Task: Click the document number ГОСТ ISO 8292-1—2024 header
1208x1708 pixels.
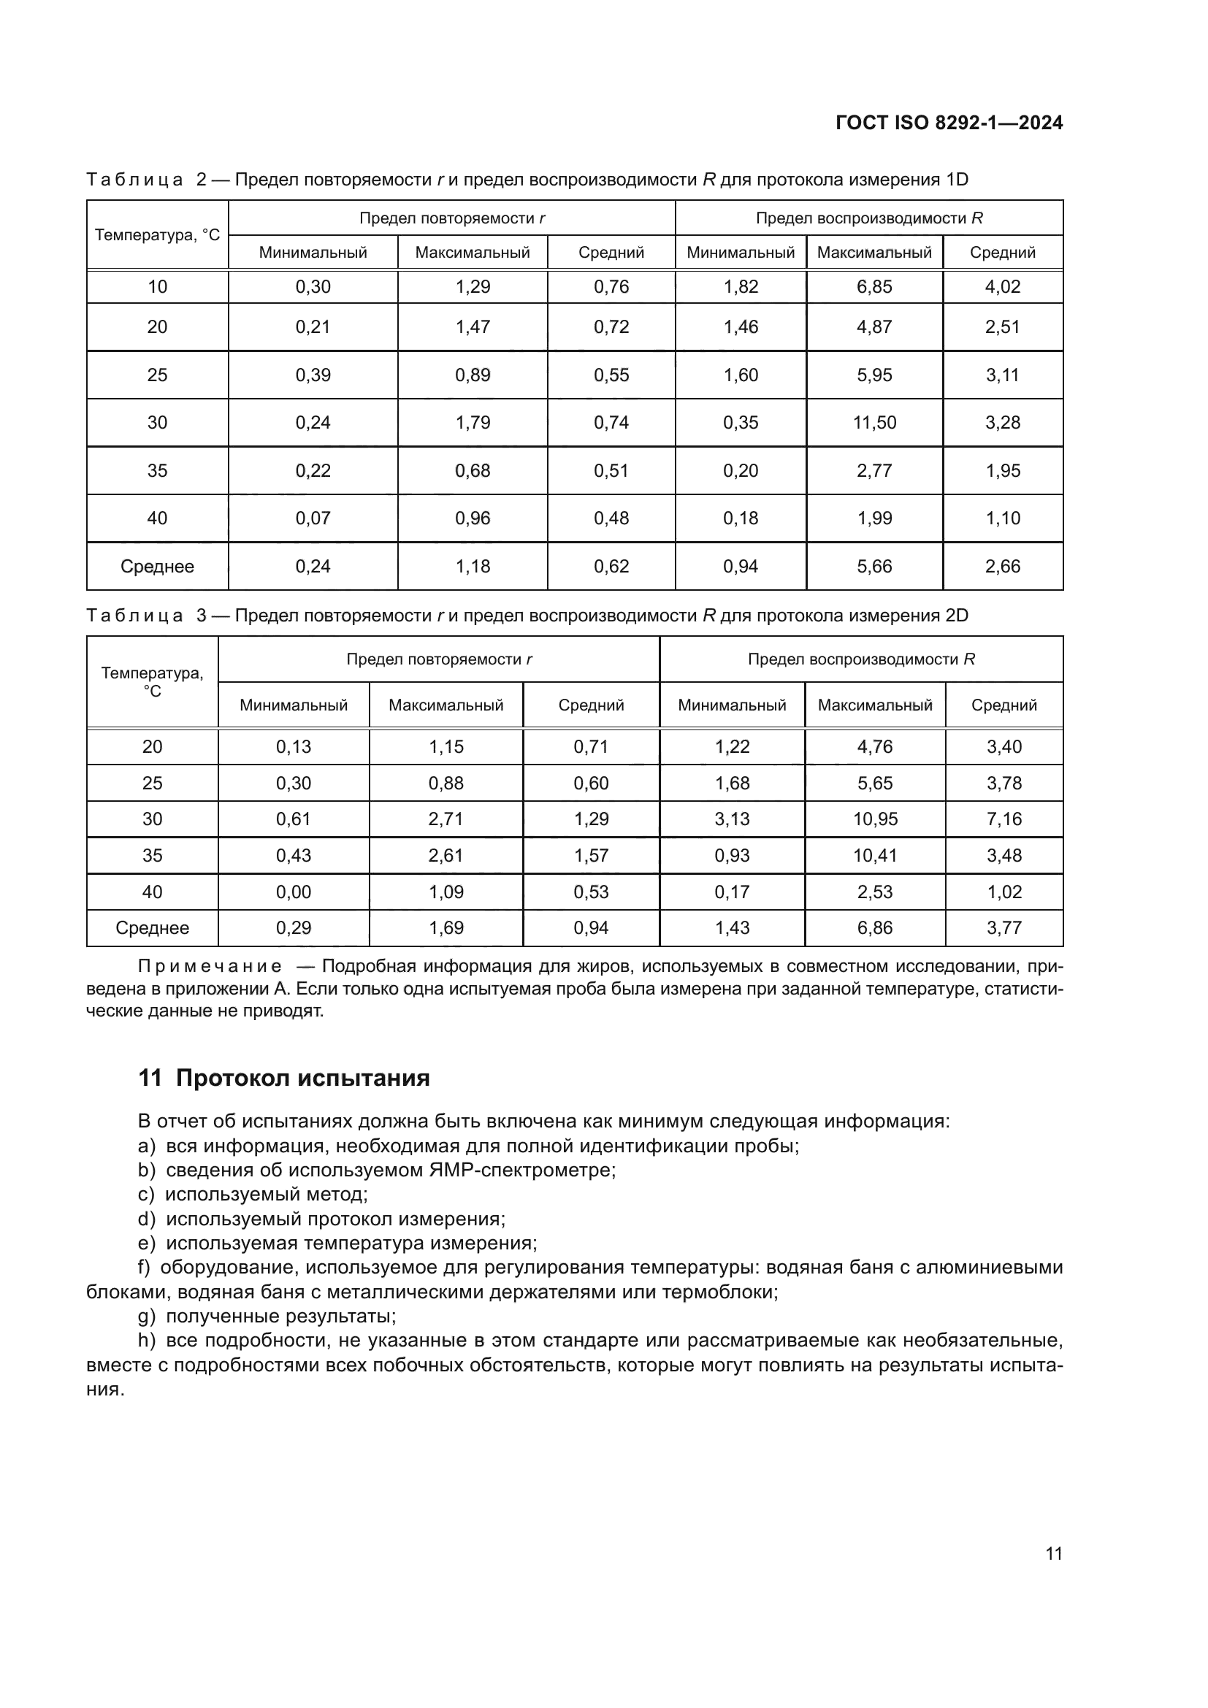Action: click(x=949, y=123)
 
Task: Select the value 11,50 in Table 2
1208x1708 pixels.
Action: click(x=874, y=423)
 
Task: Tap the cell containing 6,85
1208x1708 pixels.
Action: click(x=874, y=286)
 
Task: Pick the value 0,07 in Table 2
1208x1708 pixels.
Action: click(x=313, y=518)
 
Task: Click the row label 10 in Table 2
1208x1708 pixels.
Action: click(x=157, y=286)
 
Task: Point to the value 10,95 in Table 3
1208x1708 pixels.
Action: click(x=875, y=819)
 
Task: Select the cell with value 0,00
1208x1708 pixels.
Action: click(x=293, y=892)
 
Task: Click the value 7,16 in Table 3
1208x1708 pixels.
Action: click(x=1004, y=819)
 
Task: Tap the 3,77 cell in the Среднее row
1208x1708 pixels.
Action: click(x=1004, y=927)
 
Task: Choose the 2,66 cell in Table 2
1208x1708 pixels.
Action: click(x=1003, y=566)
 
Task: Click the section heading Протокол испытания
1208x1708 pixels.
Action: click(x=302, y=1078)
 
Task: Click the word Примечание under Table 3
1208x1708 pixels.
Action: click(x=210, y=966)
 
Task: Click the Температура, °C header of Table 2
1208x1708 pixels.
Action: click(x=157, y=235)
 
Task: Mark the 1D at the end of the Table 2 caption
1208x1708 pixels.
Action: click(x=957, y=180)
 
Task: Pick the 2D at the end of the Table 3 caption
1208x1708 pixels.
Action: click(x=957, y=615)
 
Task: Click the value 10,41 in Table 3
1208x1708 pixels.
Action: click(x=875, y=856)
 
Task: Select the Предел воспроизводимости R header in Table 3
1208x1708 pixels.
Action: click(x=860, y=659)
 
